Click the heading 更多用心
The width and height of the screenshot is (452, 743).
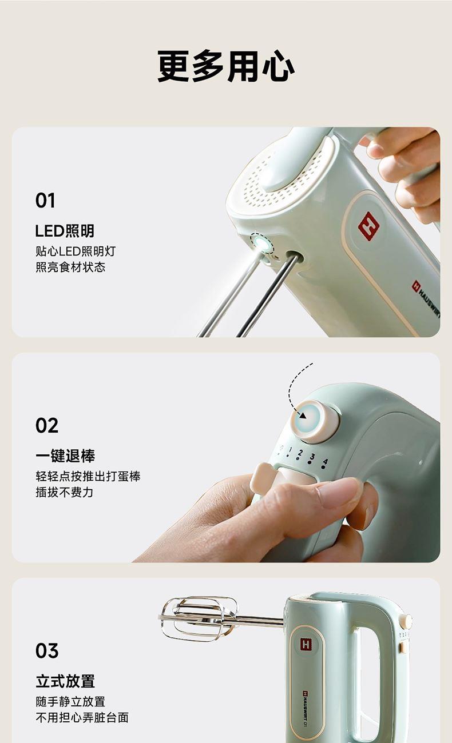(x=226, y=66)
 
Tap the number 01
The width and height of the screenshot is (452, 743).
(x=45, y=201)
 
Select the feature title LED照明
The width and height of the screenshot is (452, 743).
(x=65, y=231)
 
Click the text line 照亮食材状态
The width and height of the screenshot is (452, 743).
(x=70, y=267)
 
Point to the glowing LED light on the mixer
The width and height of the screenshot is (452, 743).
(x=261, y=244)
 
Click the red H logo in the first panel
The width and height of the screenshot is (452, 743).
(x=368, y=226)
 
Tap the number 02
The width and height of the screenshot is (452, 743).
(x=47, y=426)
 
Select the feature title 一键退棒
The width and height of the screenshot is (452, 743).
(x=65, y=456)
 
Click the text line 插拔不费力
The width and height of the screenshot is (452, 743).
(x=65, y=492)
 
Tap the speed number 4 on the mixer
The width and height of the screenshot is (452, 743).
(x=325, y=461)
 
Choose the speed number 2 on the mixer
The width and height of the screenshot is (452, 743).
(x=300, y=453)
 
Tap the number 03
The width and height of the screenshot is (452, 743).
(x=47, y=651)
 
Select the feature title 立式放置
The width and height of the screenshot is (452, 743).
(x=65, y=681)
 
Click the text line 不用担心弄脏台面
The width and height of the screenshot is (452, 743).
(x=82, y=718)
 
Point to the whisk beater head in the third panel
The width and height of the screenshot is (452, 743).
(x=199, y=618)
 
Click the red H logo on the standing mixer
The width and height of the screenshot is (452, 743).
(x=306, y=644)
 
